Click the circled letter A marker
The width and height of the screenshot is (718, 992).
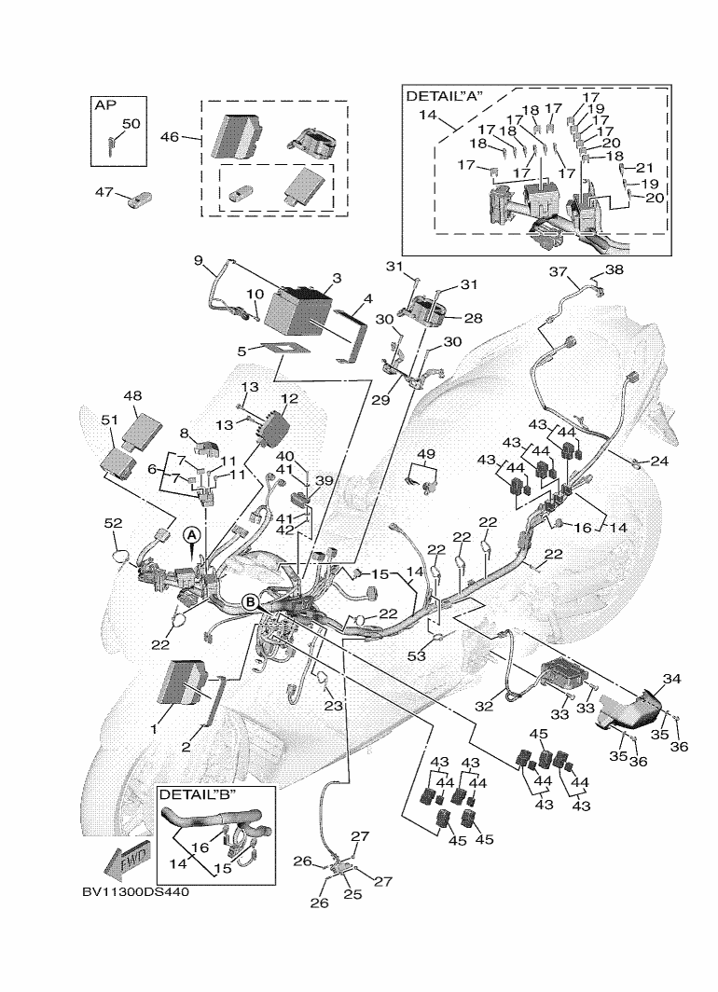click(192, 534)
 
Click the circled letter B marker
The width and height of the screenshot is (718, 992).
click(251, 601)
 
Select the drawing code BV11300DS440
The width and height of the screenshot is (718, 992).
click(135, 892)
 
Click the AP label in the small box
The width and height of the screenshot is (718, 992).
click(105, 105)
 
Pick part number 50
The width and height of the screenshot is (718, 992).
click(131, 123)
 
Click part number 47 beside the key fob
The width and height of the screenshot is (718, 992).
click(104, 191)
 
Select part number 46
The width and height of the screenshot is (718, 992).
click(170, 136)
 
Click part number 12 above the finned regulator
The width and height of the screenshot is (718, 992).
click(289, 399)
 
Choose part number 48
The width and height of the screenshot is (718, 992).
click(132, 395)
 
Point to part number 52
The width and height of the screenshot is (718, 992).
click(113, 523)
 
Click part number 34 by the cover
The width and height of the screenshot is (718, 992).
click(671, 679)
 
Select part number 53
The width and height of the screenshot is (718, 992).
click(417, 656)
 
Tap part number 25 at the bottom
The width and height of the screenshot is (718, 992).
click(353, 894)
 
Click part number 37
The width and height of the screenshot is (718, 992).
click(558, 271)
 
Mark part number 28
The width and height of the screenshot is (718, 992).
click(473, 318)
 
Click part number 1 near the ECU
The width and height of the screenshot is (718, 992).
click(154, 729)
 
